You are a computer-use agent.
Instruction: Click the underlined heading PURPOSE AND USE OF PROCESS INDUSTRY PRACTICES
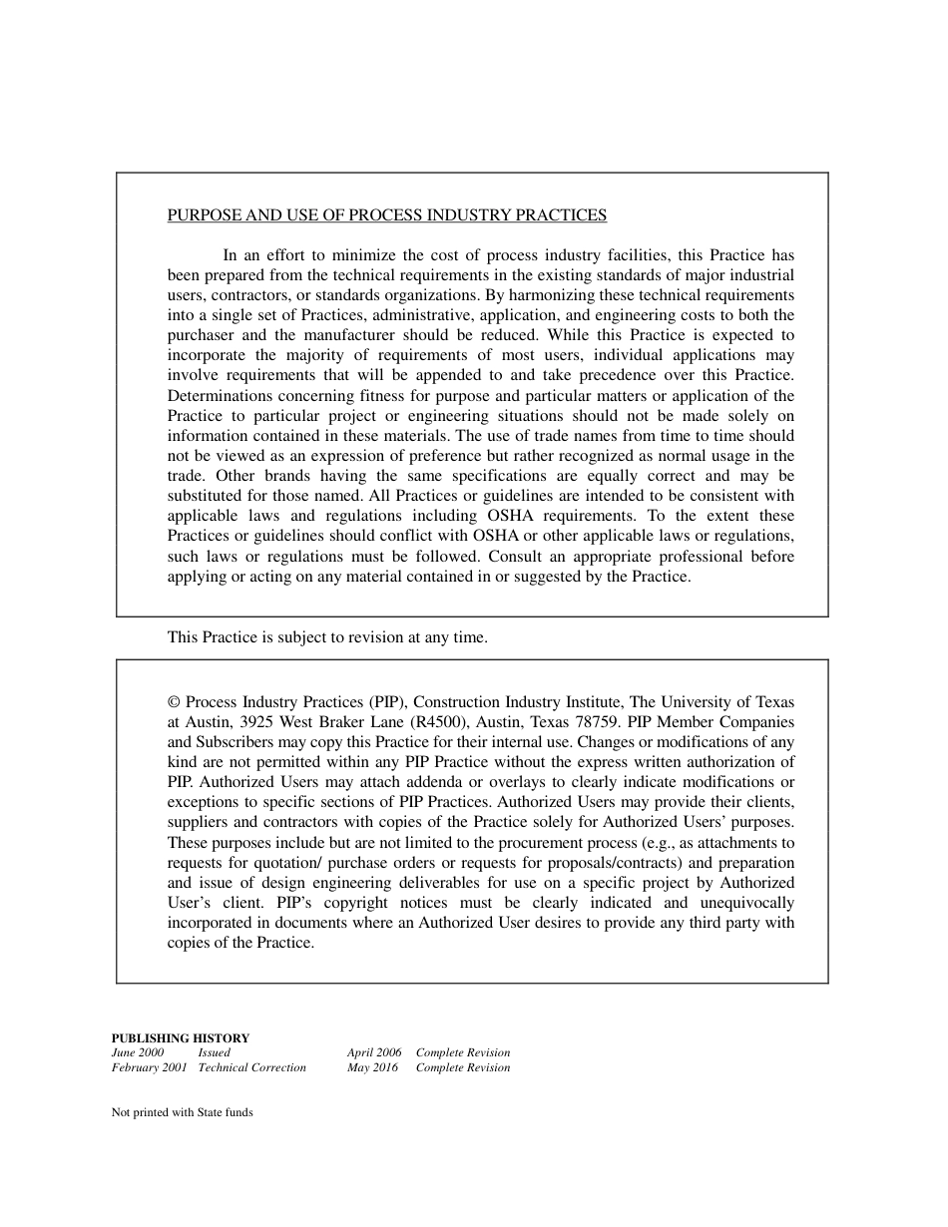tap(386, 215)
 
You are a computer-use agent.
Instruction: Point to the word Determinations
tap(217, 396)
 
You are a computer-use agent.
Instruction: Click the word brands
tap(287, 476)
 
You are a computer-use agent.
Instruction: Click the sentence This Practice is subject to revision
tap(327, 637)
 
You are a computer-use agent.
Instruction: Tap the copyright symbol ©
tap(174, 702)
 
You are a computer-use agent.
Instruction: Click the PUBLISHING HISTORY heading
tap(181, 1038)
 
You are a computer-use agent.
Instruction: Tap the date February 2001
tap(150, 1067)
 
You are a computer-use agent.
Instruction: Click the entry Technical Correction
tap(251, 1067)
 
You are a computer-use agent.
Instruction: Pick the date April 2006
tap(374, 1052)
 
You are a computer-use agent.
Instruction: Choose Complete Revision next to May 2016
tap(462, 1067)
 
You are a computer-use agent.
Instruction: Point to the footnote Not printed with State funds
tap(183, 1112)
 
